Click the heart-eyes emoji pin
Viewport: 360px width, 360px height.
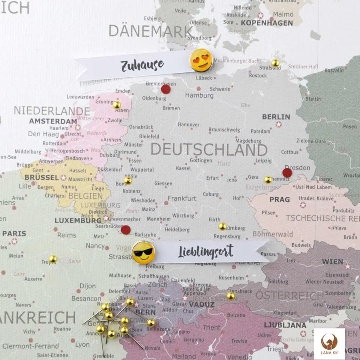click(x=201, y=60)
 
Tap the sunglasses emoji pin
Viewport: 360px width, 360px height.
click(x=143, y=253)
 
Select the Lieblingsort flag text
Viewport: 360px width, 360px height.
click(x=206, y=252)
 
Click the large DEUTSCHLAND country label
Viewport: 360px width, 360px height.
click(x=209, y=150)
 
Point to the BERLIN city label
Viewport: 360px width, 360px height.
click(x=276, y=117)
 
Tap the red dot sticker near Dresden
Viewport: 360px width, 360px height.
click(x=287, y=173)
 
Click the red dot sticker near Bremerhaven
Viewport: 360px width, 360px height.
click(x=166, y=89)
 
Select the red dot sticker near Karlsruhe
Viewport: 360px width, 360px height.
click(x=126, y=230)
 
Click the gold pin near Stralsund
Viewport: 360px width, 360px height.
click(x=275, y=63)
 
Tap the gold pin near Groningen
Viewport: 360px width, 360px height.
click(x=116, y=105)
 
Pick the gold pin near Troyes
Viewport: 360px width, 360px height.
click(x=52, y=259)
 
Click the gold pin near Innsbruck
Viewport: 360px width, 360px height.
click(x=230, y=296)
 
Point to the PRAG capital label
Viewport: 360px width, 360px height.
click(x=280, y=199)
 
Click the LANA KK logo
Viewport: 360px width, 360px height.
click(x=329, y=344)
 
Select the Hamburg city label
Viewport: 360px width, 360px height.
click(x=199, y=96)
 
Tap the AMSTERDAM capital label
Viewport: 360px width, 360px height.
click(x=53, y=121)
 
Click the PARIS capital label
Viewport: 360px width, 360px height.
click(x=14, y=233)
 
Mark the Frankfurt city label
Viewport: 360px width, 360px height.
click(x=182, y=198)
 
